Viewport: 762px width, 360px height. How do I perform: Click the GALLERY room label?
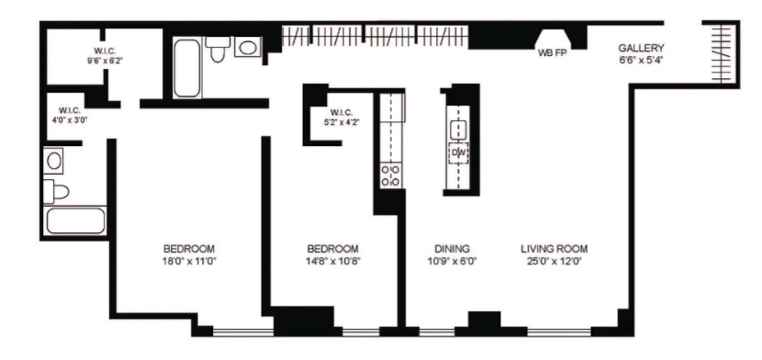click(641, 48)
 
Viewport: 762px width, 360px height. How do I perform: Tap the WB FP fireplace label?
click(552, 53)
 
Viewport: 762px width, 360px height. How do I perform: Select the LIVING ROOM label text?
click(554, 249)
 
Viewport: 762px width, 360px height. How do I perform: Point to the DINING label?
click(452, 249)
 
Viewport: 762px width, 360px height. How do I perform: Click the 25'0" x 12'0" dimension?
click(554, 261)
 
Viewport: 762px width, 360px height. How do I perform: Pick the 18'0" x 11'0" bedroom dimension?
click(189, 261)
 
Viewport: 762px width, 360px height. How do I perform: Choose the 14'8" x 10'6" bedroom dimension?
click(333, 261)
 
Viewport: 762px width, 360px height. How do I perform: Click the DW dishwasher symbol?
click(458, 153)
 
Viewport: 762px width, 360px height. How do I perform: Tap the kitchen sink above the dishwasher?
click(458, 130)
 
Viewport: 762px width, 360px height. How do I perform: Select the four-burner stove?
click(391, 176)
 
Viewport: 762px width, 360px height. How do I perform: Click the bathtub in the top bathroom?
click(187, 68)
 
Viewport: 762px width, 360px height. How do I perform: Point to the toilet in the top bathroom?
click(218, 49)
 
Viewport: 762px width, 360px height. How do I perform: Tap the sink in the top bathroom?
click(248, 47)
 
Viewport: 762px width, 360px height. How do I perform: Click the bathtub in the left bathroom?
click(75, 221)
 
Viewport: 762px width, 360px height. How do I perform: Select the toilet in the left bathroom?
click(56, 192)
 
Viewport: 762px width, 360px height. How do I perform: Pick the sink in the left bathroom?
click(54, 161)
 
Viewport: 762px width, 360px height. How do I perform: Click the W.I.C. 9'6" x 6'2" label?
click(105, 56)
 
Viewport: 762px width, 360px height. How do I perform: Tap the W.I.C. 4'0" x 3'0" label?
click(70, 115)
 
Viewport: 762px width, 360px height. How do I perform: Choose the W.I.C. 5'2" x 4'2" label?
click(341, 117)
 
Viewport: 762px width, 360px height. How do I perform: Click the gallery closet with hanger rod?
click(721, 54)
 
